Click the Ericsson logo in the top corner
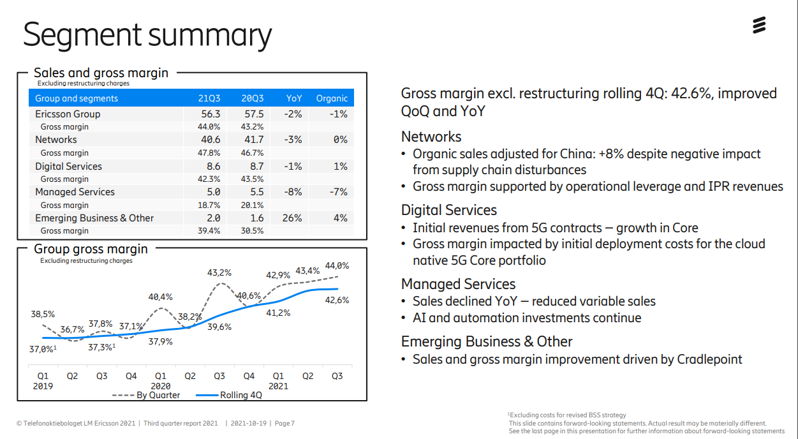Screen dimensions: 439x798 point(758,26)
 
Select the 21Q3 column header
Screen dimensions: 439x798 point(209,98)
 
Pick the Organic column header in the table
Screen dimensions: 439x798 point(332,98)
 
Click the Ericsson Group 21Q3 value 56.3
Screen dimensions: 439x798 point(211,114)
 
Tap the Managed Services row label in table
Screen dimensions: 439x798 point(75,192)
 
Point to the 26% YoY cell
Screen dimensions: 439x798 point(292,218)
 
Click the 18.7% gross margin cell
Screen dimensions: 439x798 point(209,205)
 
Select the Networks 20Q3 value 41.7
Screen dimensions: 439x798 point(253,140)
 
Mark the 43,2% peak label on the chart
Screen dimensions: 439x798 point(219,272)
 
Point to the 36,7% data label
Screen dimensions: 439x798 point(73,329)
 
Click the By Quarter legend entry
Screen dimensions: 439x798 point(158,395)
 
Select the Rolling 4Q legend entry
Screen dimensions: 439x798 point(240,395)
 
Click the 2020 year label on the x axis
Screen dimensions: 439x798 point(161,386)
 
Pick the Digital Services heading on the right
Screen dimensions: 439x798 point(448,210)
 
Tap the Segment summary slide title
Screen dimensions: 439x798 point(147,35)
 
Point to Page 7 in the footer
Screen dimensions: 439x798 point(284,423)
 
